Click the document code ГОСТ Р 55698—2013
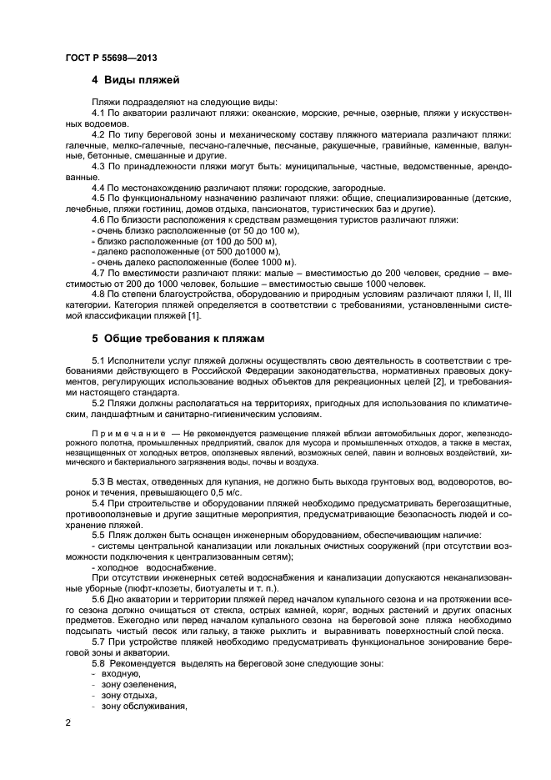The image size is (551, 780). click(x=111, y=56)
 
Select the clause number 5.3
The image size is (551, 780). click(x=98, y=482)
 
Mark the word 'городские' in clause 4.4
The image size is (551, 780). click(x=305, y=187)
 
